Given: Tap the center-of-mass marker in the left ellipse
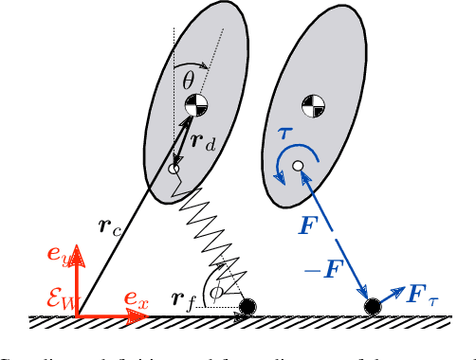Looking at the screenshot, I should tap(196, 105).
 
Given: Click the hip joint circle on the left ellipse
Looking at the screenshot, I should tap(174, 170).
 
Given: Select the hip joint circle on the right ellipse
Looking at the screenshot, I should tap(298, 167).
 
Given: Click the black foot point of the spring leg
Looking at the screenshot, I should tap(247, 306).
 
